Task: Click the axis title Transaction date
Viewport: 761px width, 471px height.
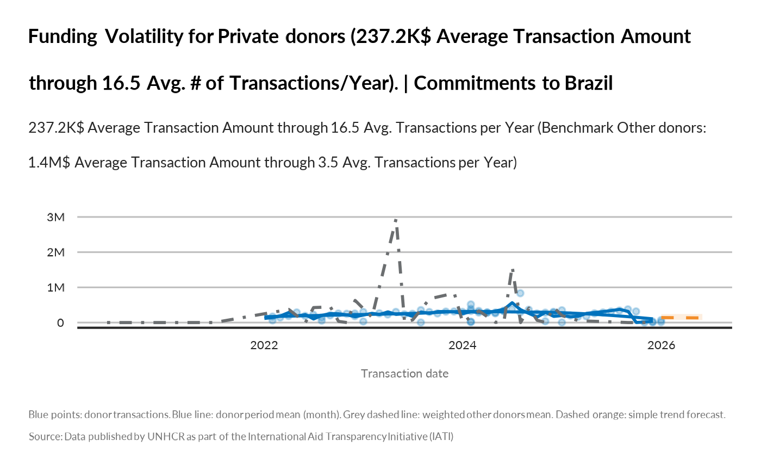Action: click(404, 374)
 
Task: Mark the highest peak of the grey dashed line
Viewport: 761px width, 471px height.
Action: click(396, 220)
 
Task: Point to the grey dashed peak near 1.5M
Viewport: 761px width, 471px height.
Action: click(512, 270)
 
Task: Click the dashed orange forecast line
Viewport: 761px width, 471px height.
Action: click(679, 317)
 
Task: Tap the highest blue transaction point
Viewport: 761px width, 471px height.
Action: click(520, 293)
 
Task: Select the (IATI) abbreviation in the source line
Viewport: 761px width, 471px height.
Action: click(441, 437)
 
